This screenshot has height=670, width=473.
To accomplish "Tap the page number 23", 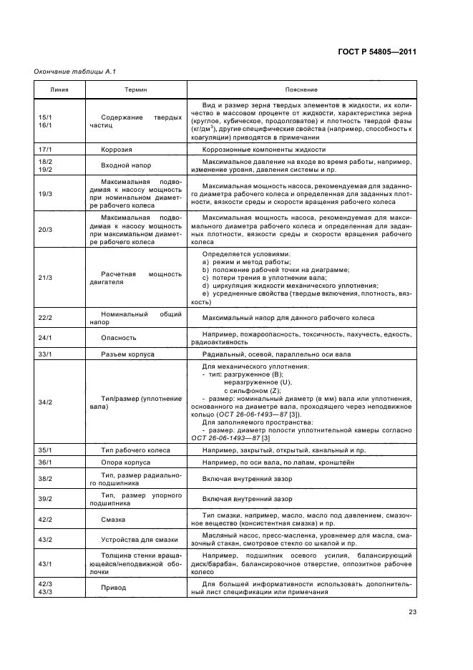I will [412, 611].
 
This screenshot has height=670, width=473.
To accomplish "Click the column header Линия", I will [59, 89].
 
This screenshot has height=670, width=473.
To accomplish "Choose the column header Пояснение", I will [301, 89].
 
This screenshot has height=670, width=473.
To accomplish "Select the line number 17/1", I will [45, 150].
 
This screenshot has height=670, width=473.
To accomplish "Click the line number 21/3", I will [45, 277].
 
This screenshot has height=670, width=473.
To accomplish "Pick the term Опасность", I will [119, 337].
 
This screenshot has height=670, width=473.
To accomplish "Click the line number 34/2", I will [45, 402].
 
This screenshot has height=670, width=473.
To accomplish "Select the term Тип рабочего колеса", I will [135, 450].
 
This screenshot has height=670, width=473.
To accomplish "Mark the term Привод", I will [114, 587].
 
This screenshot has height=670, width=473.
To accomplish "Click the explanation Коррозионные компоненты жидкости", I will [264, 150].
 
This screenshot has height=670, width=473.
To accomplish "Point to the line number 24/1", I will [45, 337].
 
